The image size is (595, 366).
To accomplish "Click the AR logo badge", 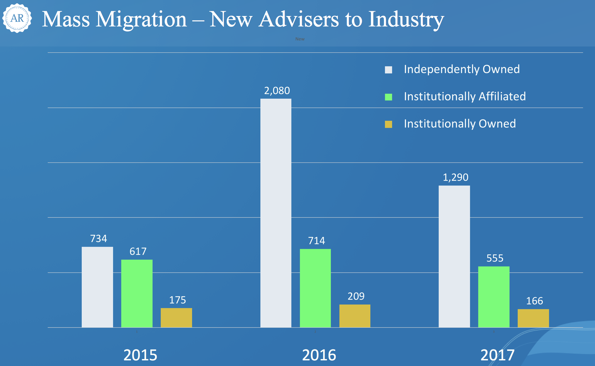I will tap(17, 18).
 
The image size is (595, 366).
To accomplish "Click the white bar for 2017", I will tap(454, 256).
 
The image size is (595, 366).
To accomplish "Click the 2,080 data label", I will tap(277, 91).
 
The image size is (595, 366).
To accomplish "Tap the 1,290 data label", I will tap(455, 177).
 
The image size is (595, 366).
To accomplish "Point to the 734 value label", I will tap(98, 239).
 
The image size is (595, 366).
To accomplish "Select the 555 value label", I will tap(495, 258).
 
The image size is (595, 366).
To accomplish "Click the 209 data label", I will tap(356, 296).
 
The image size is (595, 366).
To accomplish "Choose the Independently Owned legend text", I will tap(461, 69).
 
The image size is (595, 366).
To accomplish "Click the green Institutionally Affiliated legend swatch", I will tap(388, 97).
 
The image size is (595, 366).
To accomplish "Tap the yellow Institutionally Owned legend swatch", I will tap(388, 124).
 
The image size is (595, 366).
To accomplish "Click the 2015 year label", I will tap(140, 355).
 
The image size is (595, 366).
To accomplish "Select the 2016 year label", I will tap(319, 355).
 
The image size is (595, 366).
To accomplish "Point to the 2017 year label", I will tap(497, 355).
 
